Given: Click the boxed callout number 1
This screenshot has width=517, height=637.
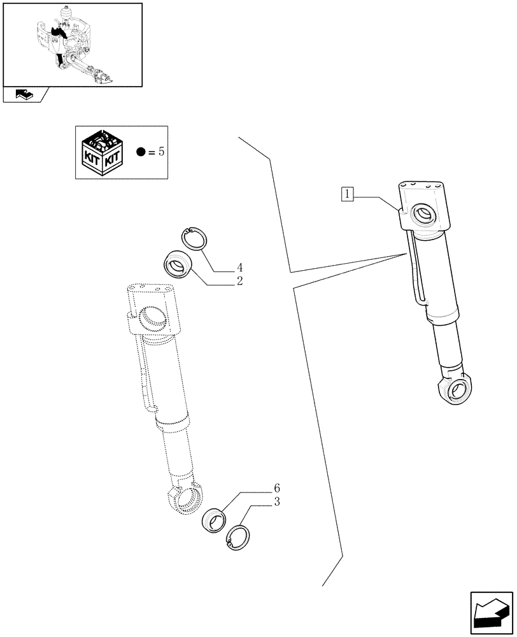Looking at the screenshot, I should pos(347,194).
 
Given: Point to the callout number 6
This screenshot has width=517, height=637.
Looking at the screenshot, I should pos(277,488).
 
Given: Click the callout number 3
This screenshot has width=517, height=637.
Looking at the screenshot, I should pos(277,503).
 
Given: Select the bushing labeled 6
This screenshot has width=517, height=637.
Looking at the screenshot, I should pos(214,519).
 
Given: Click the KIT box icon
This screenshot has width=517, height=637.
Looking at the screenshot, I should pos(101,152).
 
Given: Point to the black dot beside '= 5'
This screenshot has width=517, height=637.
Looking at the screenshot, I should pos(141,153).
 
